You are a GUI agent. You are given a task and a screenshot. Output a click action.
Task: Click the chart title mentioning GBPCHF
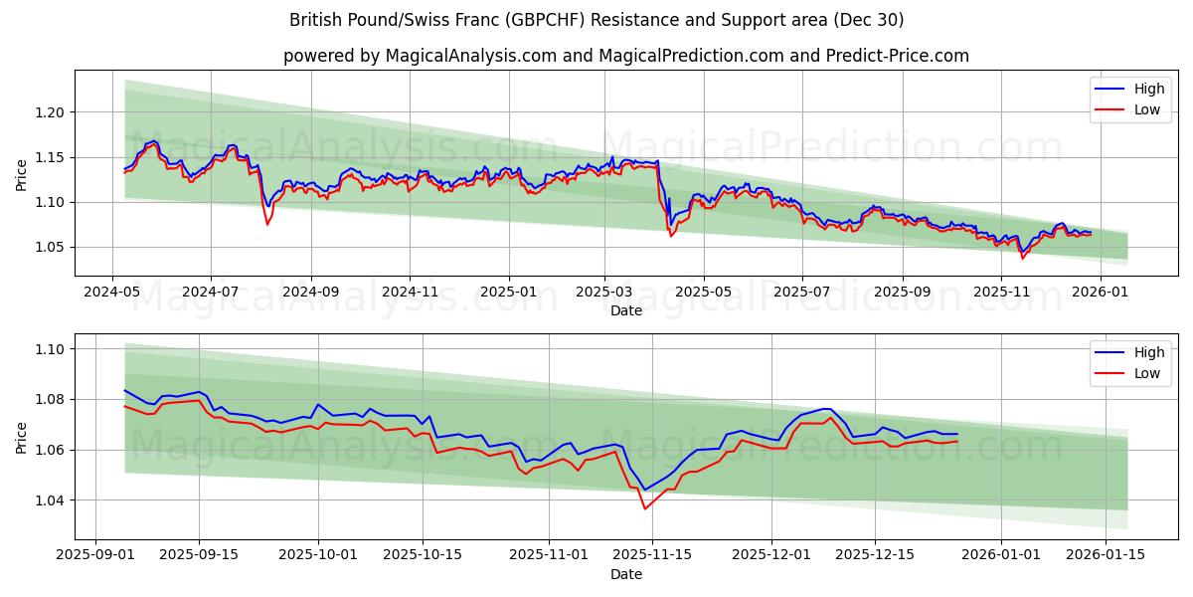[x=596, y=20]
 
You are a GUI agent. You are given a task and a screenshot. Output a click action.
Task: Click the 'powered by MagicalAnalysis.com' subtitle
[x=626, y=56]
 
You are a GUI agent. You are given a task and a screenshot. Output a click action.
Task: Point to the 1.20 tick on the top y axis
[x=50, y=112]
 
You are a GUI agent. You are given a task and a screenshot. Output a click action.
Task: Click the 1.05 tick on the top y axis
[x=50, y=247]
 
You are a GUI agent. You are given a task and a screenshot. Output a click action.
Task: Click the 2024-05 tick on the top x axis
[x=111, y=293]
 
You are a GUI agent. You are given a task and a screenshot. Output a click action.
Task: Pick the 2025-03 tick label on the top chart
[x=604, y=293]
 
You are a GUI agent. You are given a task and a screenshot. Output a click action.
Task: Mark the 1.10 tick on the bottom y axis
[x=50, y=349]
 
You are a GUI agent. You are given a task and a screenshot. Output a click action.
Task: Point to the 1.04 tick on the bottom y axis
[x=50, y=500]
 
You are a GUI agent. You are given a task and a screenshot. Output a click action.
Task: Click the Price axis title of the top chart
[x=22, y=175]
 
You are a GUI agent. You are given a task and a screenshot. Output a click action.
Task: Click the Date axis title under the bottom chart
[x=626, y=574]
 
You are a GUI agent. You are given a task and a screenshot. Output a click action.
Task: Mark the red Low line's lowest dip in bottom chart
[x=644, y=508]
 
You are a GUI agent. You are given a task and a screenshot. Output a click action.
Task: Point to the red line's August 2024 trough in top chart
[x=266, y=224]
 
